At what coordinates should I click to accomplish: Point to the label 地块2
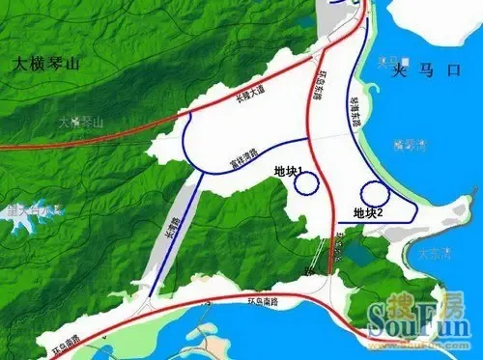tap(369, 212)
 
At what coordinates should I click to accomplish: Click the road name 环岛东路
tap(320, 84)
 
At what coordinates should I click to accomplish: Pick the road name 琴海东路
tap(355, 97)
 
